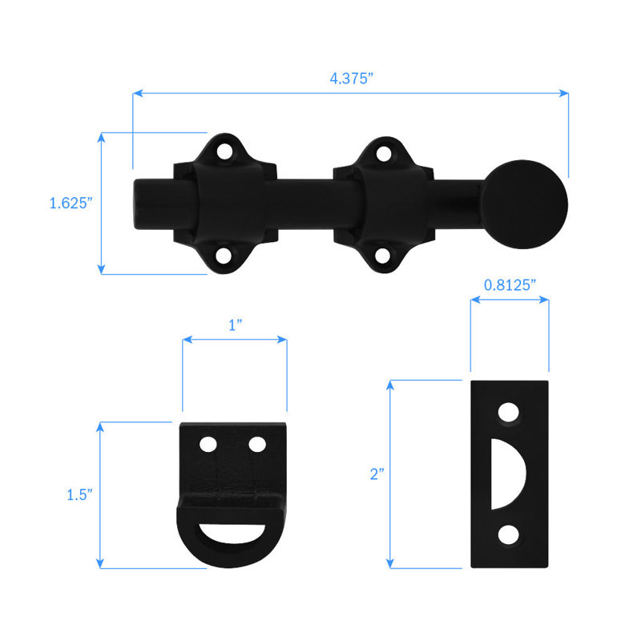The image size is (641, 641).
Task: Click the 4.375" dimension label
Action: tap(350, 78)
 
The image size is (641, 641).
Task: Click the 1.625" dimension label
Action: tap(71, 204)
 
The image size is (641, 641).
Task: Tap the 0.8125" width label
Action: tap(510, 284)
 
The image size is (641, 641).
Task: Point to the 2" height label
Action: tap(376, 474)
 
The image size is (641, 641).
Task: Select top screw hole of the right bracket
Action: tap(386, 150)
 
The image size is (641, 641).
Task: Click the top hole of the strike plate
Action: tap(508, 412)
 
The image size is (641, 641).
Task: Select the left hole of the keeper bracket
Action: tap(208, 444)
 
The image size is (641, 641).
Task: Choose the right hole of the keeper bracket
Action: tap(257, 444)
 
